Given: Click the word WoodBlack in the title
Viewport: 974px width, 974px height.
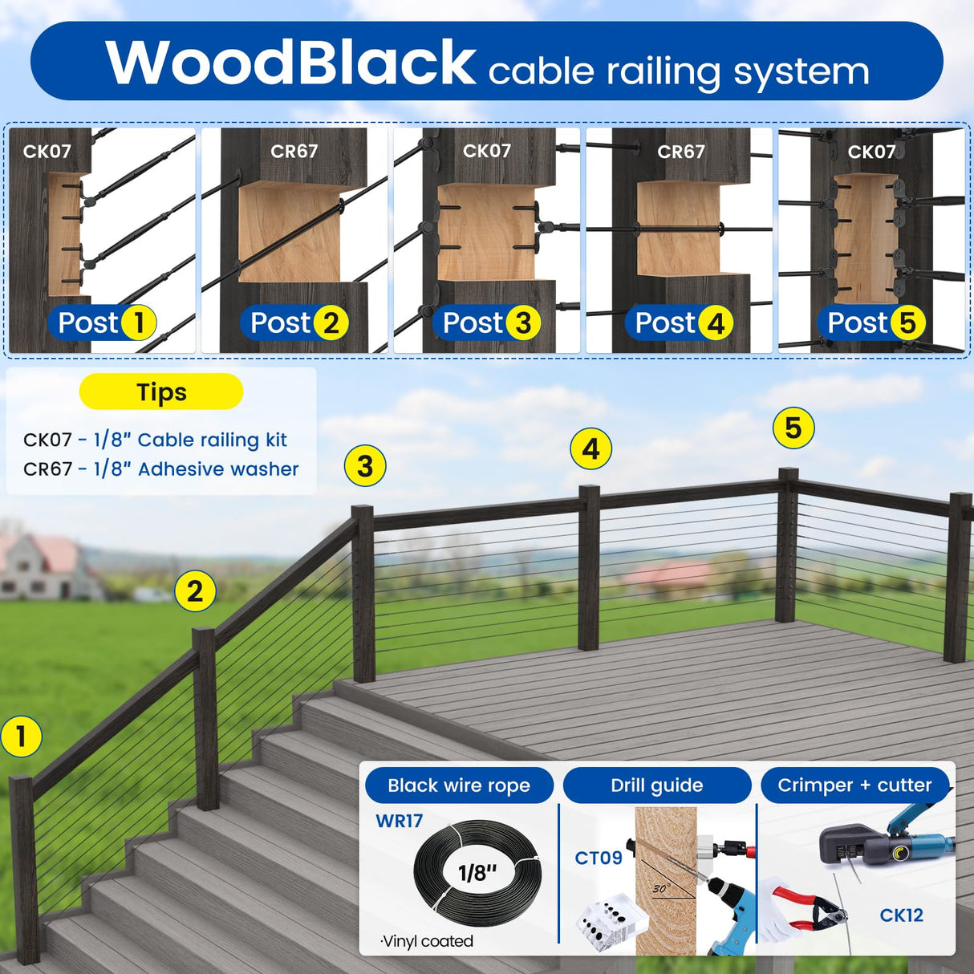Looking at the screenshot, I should point(290,63).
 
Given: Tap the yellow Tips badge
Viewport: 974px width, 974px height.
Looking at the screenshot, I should point(161,392).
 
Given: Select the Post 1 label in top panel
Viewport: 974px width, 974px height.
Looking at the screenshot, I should point(103,323).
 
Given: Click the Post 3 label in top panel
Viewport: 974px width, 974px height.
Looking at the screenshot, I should point(490,323).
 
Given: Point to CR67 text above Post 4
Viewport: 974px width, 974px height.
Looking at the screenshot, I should point(680,151).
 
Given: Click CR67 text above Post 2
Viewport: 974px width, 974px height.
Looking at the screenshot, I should point(294,151).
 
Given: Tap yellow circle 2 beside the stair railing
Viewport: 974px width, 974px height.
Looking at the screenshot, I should point(195,592).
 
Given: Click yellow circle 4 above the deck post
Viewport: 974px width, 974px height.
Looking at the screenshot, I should point(590,448).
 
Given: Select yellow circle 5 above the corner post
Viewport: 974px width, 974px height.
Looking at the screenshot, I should point(793,428).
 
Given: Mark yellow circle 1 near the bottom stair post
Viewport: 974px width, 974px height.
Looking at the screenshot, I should point(22,737).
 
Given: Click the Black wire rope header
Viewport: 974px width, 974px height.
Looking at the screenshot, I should point(459,785).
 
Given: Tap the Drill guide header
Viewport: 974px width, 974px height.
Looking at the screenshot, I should point(656,785).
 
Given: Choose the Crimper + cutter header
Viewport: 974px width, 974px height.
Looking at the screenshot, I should point(854,785).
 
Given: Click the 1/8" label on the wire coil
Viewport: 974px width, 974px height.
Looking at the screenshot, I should point(477,872).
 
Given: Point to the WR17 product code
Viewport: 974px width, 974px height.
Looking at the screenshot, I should point(399,821).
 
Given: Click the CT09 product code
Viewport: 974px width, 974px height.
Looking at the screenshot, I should point(599,858).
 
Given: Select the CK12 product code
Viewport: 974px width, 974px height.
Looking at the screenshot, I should point(901,915).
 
